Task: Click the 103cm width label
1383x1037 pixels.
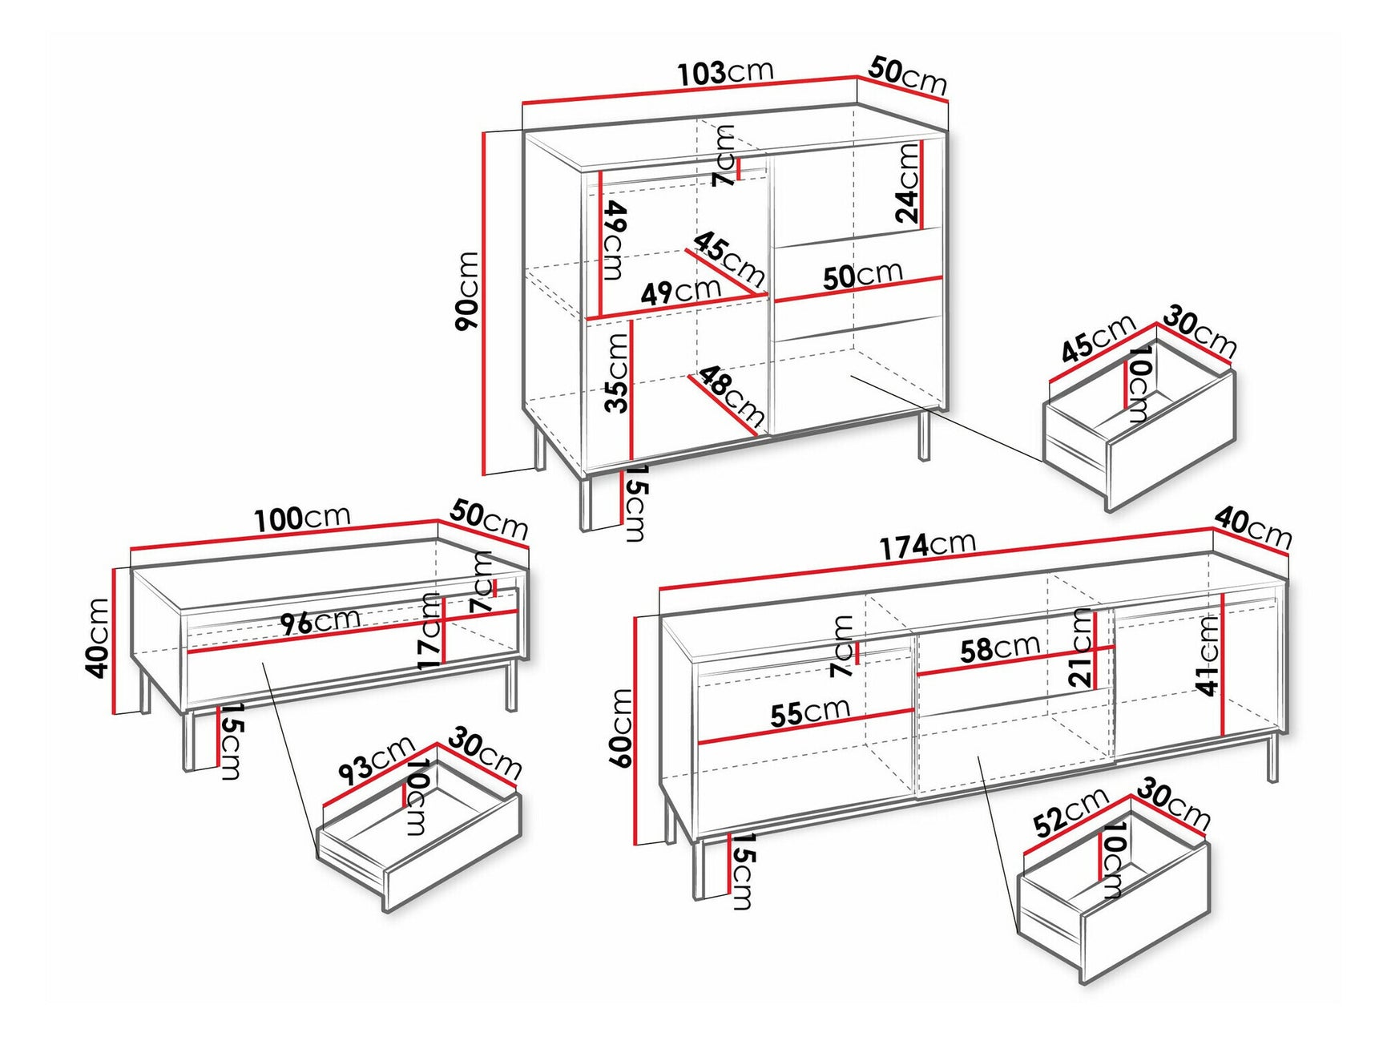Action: [x=725, y=72]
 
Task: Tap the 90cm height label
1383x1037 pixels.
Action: [x=466, y=291]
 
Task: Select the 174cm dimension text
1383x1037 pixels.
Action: [x=927, y=545]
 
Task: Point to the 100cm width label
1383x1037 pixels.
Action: [x=302, y=518]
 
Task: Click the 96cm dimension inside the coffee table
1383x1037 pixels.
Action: [x=321, y=621]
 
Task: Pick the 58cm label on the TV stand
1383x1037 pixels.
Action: [x=1000, y=648]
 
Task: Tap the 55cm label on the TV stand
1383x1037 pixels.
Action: [x=809, y=712]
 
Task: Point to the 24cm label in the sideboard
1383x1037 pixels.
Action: [x=907, y=184]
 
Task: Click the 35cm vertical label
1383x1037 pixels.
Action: [x=616, y=373]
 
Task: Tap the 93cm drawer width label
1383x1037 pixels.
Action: [x=375, y=761]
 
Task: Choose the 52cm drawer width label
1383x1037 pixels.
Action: [x=1071, y=812]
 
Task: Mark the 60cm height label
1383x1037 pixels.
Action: [x=622, y=728]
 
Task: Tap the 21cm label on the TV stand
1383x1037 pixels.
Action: [x=1082, y=648]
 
